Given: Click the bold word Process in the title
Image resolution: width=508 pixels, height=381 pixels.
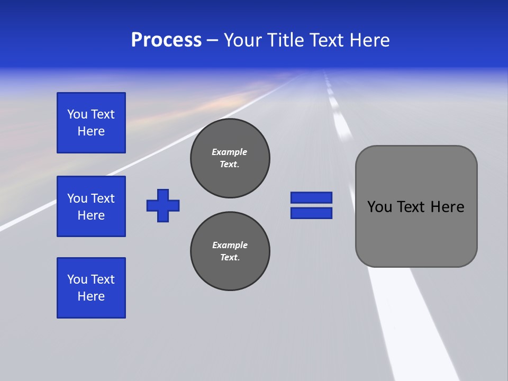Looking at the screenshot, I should coord(166,40).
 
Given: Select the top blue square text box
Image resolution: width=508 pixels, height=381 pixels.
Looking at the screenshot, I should coord(91,123).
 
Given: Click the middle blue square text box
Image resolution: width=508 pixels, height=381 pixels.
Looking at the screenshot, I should coord(91,206).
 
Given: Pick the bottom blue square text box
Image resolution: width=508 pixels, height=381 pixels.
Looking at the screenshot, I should coord(91,288).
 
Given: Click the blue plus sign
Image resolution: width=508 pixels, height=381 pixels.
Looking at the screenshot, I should coord(163,205).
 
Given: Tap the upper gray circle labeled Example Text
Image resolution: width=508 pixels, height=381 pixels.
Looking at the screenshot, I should coord(230,158).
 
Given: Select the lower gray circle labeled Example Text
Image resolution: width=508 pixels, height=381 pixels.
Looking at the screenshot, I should coord(230,251).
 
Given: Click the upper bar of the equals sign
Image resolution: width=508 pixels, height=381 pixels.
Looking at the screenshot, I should coord(311,197).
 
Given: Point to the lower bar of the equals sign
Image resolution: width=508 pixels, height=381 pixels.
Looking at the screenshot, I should coord(311,213).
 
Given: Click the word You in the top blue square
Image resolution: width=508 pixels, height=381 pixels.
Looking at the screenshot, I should coord(77,114).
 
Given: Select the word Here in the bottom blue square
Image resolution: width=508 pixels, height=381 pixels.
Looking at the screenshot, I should coord(91,296).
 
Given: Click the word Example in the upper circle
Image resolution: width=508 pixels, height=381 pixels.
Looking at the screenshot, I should coord(230,152).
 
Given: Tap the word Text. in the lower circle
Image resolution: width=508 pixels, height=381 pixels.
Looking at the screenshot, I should coord(230,258).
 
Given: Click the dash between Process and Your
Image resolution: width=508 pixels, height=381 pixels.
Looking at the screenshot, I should coord(212,40).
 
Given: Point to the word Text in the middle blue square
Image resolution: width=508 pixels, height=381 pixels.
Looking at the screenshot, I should coord(103,198).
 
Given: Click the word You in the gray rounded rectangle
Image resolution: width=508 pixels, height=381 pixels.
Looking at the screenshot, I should coord(379,207).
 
